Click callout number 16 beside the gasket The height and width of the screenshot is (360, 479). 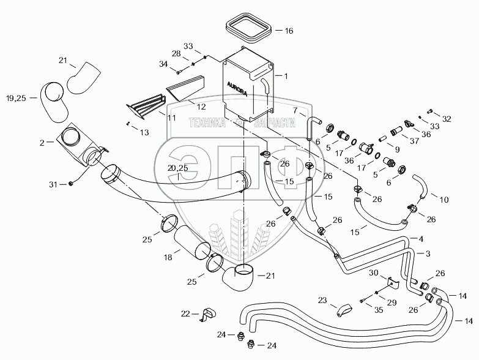(289, 29)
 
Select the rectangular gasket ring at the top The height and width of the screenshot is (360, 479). (249, 29)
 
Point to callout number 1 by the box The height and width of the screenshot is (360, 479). (284, 76)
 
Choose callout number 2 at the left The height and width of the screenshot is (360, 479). (42, 142)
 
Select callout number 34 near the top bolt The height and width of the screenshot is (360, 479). (163, 63)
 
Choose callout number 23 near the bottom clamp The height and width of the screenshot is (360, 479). (322, 301)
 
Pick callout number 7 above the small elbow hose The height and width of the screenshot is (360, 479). (295, 110)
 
